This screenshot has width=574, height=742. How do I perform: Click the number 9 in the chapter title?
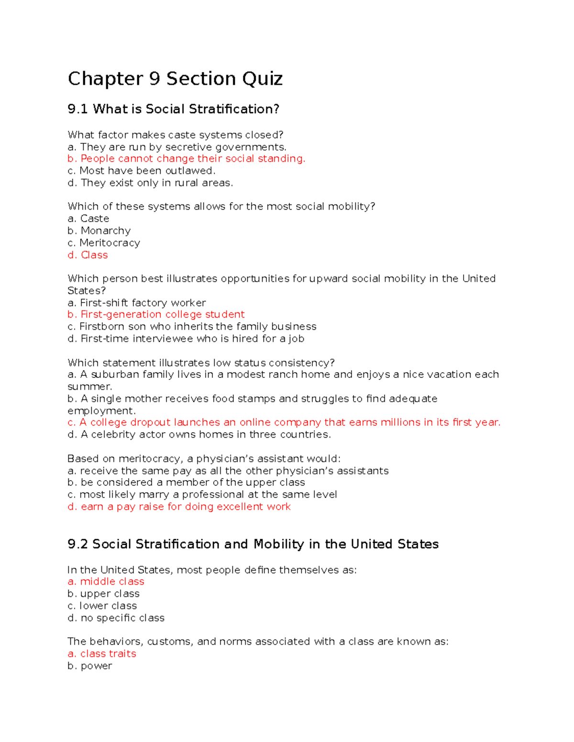[155, 79]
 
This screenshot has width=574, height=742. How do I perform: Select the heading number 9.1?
[77, 109]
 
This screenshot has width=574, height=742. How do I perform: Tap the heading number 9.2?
[77, 544]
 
